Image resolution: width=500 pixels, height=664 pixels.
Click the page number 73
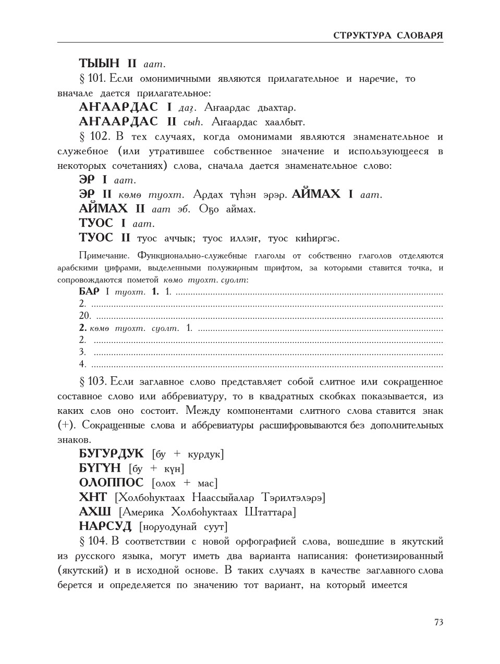(438, 622)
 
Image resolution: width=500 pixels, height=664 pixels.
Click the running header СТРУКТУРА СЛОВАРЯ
(388, 35)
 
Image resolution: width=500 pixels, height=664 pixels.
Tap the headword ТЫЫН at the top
(100, 64)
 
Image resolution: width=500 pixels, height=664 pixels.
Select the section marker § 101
(92, 79)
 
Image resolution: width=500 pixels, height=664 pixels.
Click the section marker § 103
(92, 382)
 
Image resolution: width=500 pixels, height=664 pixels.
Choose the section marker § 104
(93, 541)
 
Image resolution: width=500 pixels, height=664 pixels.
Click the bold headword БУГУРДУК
(111, 454)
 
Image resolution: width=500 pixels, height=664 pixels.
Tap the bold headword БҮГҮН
(100, 469)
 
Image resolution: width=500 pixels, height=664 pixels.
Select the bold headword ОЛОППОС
(111, 483)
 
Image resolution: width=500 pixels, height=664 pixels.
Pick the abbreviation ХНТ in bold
(93, 497)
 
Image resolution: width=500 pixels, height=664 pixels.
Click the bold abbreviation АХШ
(95, 512)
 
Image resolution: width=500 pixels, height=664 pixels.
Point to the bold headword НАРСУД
(105, 526)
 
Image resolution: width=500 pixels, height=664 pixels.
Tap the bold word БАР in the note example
(89, 292)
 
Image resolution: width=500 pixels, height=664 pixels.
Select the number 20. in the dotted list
(85, 316)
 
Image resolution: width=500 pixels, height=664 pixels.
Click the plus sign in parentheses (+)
(66, 425)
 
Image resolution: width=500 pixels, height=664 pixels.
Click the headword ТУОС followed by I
(96, 224)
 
